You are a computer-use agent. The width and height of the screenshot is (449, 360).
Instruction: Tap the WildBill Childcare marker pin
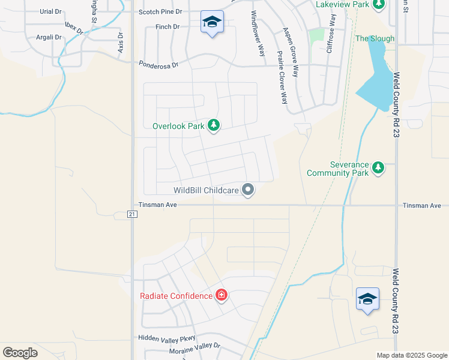click(249, 190)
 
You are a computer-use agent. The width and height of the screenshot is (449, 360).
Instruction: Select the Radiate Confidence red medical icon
click(221, 295)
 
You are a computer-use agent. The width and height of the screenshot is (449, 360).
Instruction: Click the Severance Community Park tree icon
click(378, 167)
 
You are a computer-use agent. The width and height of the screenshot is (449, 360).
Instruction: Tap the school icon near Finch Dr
click(211, 22)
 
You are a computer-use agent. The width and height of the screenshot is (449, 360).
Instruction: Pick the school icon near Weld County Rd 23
click(367, 299)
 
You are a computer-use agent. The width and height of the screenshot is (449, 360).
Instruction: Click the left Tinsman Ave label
click(158, 205)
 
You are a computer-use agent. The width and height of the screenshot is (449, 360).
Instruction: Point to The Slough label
click(375, 38)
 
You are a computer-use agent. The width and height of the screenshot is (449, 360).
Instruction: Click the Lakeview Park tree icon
click(378, 5)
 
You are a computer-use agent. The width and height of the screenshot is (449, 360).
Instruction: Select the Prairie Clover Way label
click(281, 77)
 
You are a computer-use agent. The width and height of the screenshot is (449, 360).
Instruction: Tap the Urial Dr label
click(50, 11)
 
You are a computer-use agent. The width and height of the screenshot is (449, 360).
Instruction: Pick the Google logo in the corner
click(20, 352)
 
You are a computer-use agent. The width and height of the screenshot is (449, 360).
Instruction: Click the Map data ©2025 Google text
click(411, 355)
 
